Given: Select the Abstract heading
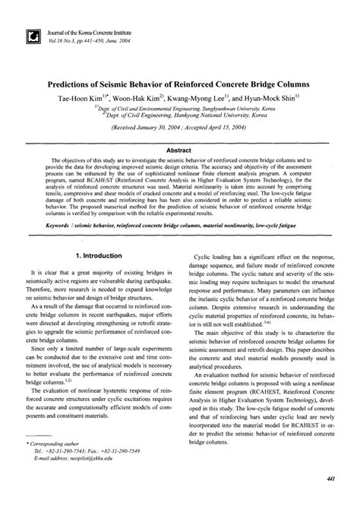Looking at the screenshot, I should pyautogui.click(x=179, y=150).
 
